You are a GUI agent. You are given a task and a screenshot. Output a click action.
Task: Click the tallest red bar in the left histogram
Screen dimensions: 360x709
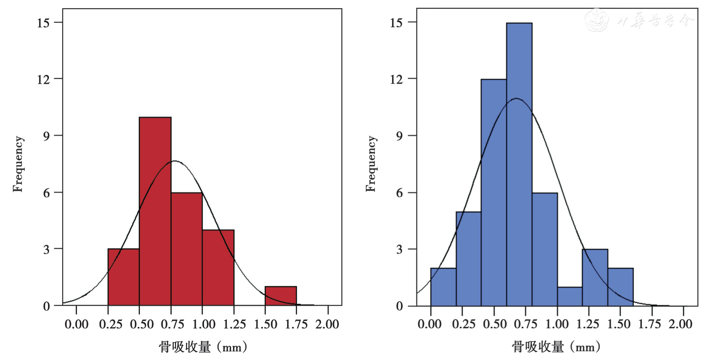(x=155, y=211)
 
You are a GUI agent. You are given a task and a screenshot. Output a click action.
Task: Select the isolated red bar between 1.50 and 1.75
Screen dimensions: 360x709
(x=281, y=296)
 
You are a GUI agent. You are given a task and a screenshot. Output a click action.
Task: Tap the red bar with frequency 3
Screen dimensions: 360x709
(x=123, y=277)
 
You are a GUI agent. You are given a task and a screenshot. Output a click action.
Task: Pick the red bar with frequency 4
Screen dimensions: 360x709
(x=218, y=268)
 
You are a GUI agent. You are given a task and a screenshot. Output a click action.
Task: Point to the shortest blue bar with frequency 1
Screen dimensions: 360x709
(x=570, y=296)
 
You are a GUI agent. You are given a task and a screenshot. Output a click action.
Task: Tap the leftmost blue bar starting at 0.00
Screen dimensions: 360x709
(x=443, y=287)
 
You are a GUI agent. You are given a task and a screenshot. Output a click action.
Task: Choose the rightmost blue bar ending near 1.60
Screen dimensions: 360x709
(x=620, y=287)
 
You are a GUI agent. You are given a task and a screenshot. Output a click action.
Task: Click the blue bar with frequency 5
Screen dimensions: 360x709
(x=468, y=258)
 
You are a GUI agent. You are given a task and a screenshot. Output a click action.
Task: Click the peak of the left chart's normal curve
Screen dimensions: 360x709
(x=175, y=161)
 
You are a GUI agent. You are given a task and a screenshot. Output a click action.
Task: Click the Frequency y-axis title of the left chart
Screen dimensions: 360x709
(x=18, y=164)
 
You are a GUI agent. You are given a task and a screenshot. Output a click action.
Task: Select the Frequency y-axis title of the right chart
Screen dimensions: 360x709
(x=371, y=164)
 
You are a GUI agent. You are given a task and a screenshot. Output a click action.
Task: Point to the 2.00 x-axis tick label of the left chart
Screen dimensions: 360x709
(x=327, y=324)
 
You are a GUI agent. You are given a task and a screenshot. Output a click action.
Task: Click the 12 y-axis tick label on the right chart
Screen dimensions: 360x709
(x=396, y=79)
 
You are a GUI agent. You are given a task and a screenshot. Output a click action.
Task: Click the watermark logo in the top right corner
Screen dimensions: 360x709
(x=597, y=20)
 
